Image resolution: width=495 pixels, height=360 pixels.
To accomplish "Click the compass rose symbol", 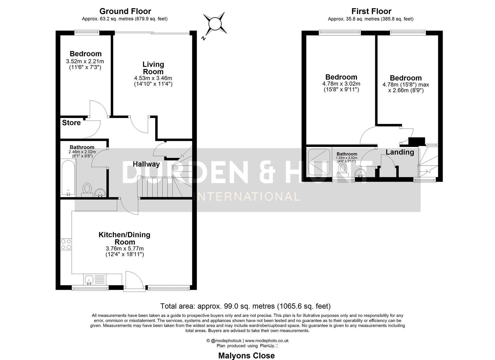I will point(214,24).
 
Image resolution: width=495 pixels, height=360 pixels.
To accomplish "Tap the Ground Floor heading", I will point(125,12).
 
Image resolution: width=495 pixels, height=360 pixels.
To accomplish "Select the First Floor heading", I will point(371,12).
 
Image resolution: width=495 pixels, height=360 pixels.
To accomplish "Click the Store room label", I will point(71,123).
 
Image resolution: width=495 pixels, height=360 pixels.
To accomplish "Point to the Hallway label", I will point(146,164).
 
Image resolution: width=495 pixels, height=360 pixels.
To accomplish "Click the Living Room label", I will point(153,68).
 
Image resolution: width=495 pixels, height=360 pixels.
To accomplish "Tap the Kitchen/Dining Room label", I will point(124,238).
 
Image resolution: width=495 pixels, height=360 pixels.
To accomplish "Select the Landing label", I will point(400,152).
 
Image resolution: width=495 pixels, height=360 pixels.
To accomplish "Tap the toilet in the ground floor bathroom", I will point(87,189).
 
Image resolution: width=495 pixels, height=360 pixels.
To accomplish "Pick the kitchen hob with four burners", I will point(66,244).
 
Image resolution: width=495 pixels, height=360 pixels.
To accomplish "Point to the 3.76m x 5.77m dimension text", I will point(125,248).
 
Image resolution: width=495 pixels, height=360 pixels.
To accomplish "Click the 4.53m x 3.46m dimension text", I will point(153,78).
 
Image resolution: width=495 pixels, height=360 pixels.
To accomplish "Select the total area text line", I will point(245,306).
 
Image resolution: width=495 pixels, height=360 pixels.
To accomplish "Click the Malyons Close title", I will point(246,355).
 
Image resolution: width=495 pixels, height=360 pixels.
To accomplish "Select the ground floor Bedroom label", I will point(85,54).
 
